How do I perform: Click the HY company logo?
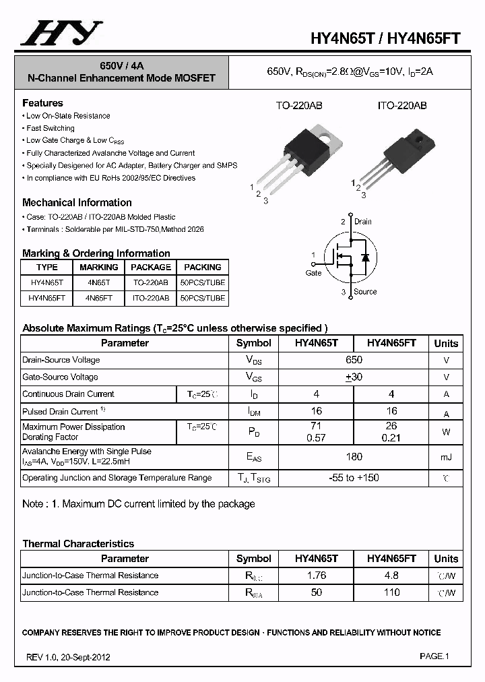pyautogui.click(x=61, y=33)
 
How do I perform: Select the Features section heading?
pyautogui.click(x=42, y=103)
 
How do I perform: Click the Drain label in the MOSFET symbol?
pyautogui.click(x=362, y=222)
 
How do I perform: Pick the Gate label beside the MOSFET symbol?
pyautogui.click(x=314, y=273)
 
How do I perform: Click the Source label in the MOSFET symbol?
pyautogui.click(x=365, y=292)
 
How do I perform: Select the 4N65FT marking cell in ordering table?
pyautogui.click(x=98, y=298)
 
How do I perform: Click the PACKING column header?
pyautogui.click(x=202, y=267)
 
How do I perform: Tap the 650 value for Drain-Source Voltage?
pyautogui.click(x=354, y=360)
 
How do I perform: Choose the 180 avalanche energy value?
pyautogui.click(x=354, y=457)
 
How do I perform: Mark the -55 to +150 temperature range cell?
pyautogui.click(x=354, y=478)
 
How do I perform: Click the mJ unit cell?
pyautogui.click(x=446, y=458)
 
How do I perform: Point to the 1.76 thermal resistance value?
pyautogui.click(x=316, y=576)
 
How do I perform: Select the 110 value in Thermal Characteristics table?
pyautogui.click(x=391, y=592)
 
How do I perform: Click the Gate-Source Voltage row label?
pyautogui.click(x=60, y=377)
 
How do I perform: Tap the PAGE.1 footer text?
pyautogui.click(x=434, y=656)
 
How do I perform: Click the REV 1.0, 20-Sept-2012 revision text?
pyautogui.click(x=68, y=657)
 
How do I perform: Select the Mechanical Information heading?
pyautogui.click(x=77, y=202)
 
